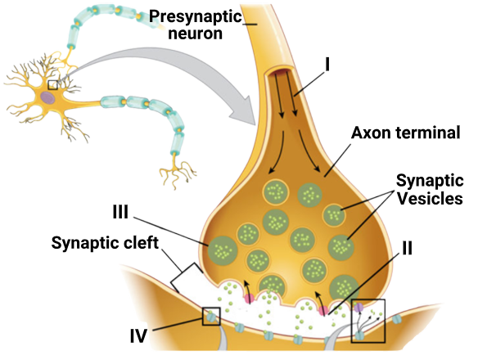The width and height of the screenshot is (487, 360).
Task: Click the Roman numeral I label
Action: coord(327,65)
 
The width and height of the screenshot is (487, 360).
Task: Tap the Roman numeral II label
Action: coord(407,248)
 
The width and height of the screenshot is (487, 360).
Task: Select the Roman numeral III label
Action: coord(120,212)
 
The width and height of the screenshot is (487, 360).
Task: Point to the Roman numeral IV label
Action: coord(138,335)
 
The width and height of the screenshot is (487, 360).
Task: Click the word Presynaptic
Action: coord(196,16)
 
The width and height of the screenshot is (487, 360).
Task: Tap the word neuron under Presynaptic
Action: coord(196,34)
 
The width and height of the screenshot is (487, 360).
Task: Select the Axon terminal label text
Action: coord(406,133)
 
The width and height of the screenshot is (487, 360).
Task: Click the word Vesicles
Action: coord(431,198)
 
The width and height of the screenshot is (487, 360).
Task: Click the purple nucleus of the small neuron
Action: coord(47,97)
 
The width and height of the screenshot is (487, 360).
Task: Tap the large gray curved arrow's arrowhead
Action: coord(244,110)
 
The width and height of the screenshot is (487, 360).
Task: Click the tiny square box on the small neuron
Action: coord(53,85)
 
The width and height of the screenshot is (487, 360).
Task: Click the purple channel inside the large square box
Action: coord(358,307)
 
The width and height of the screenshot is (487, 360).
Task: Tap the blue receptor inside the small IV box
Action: coord(210,317)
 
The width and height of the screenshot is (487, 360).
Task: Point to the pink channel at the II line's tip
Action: coord(323,310)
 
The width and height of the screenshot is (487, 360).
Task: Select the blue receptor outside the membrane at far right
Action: coord(396,319)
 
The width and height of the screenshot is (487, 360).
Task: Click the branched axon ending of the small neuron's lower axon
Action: coord(177,173)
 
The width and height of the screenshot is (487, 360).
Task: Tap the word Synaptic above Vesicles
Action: coord(430,181)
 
